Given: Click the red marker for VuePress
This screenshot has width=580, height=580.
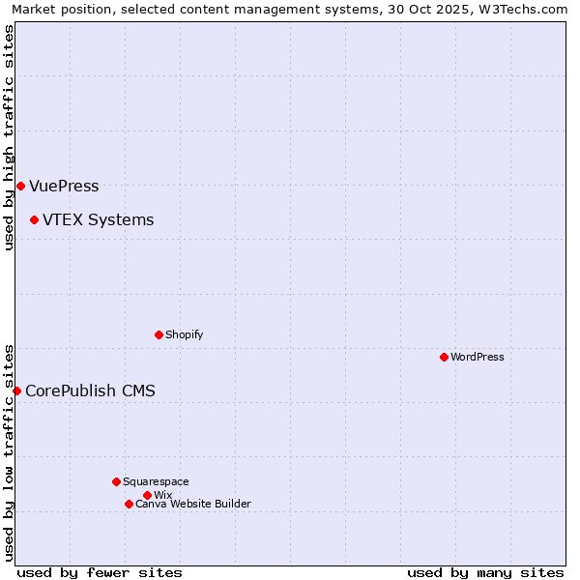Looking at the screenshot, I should point(20,186).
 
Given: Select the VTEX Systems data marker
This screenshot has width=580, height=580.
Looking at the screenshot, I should point(34,219).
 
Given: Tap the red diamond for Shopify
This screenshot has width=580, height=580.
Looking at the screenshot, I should point(159,334).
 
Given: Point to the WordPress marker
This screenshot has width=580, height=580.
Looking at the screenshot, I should point(444,357).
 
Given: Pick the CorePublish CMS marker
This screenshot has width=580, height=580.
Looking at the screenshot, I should point(16,391).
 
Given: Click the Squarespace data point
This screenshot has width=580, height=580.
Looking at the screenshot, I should point(116,481).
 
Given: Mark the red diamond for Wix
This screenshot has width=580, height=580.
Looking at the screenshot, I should point(147,495).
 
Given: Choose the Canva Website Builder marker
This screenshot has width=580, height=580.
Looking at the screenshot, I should point(129,504).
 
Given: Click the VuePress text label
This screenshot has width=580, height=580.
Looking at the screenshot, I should point(64,187).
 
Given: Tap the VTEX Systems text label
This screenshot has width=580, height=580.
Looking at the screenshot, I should point(98,219).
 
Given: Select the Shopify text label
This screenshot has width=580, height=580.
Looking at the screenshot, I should point(184,334).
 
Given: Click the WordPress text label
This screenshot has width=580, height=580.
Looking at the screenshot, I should point(478,357).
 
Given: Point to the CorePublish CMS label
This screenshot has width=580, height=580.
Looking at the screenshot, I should point(90,391).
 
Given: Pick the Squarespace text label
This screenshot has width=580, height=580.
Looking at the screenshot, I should point(156,481).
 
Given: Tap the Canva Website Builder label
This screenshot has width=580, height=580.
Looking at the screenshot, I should point(193,504).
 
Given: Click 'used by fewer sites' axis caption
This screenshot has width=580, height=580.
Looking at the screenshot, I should point(100,572).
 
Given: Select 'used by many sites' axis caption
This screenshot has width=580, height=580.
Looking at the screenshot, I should point(485,572).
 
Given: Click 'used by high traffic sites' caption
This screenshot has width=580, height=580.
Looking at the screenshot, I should point(9,137).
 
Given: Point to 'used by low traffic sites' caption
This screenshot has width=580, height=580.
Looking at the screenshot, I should point(9,451).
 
